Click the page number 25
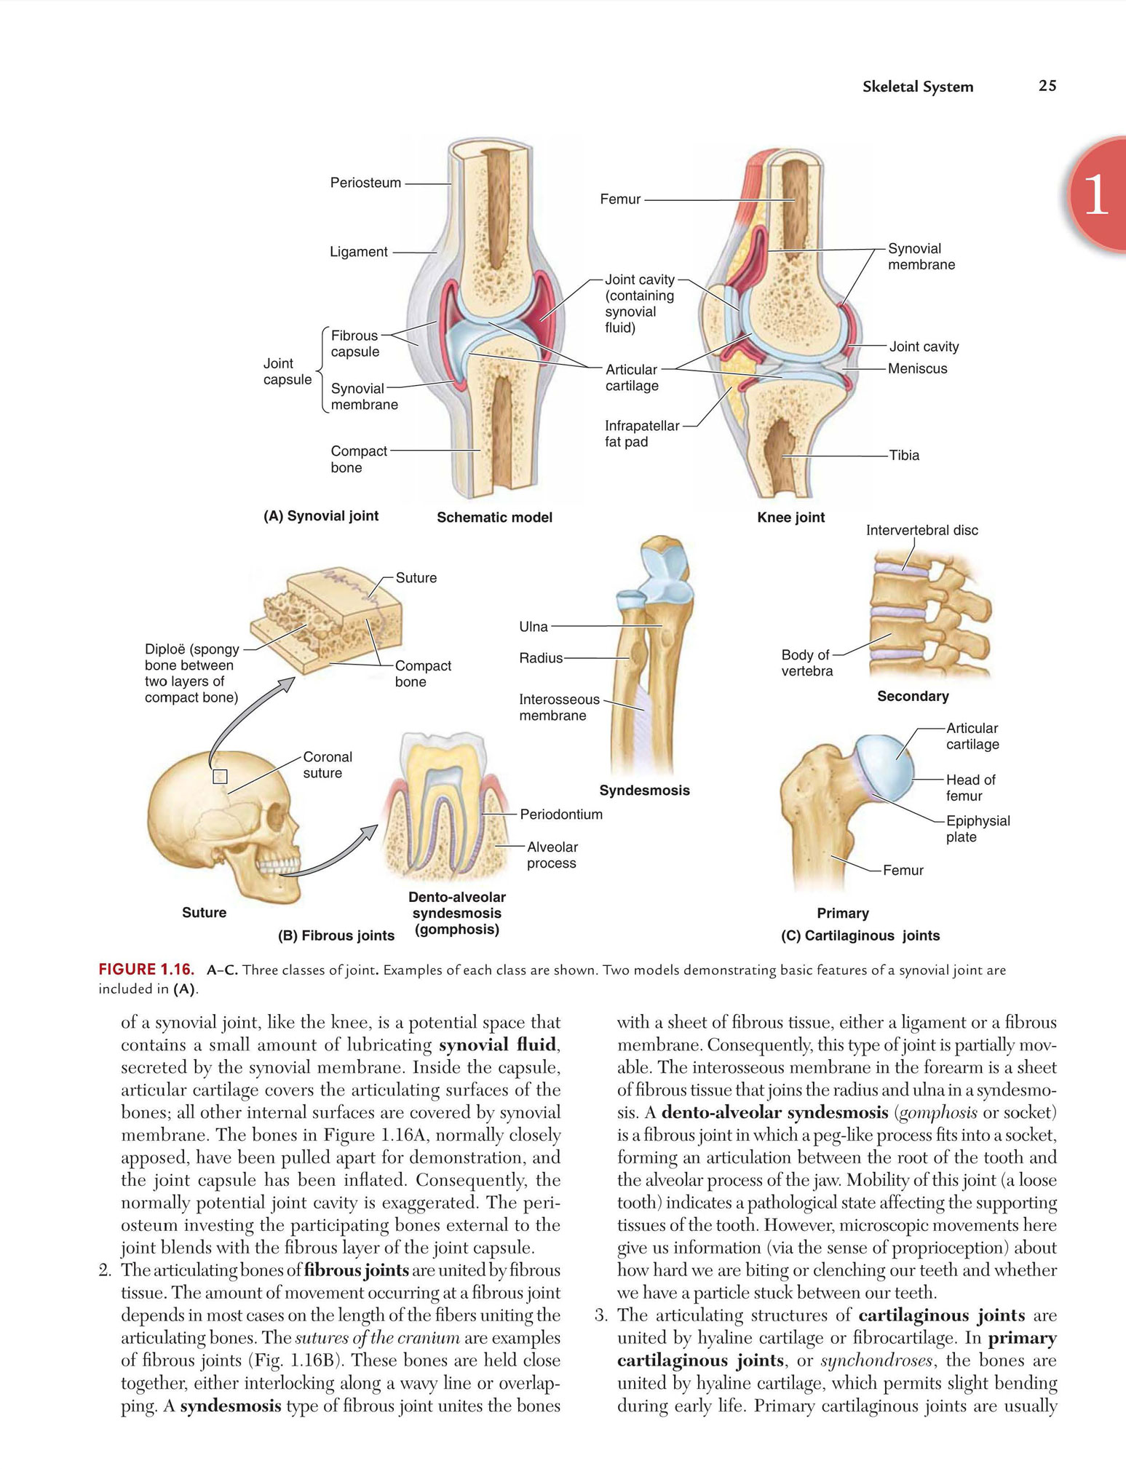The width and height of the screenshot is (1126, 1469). pos(1047,86)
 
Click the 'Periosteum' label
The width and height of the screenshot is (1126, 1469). pos(365,183)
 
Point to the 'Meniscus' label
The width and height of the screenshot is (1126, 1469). pos(917,368)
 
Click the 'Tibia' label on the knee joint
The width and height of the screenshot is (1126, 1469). pos(904,456)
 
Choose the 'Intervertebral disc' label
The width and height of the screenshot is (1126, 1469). pos(921,531)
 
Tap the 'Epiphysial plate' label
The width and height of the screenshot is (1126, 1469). pos(978,828)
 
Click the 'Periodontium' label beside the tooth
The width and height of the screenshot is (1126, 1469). pos(561,815)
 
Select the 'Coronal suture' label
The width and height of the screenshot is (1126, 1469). pos(328,765)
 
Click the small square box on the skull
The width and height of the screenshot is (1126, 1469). pos(220,777)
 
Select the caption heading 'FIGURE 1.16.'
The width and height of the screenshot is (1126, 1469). pos(146,970)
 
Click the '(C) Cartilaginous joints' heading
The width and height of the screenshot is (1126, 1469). pos(860,936)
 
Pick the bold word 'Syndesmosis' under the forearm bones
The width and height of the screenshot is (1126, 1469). pos(644,791)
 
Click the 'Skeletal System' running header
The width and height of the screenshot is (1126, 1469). pos(918,87)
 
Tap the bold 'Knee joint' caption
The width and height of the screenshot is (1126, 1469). pos(791,518)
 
